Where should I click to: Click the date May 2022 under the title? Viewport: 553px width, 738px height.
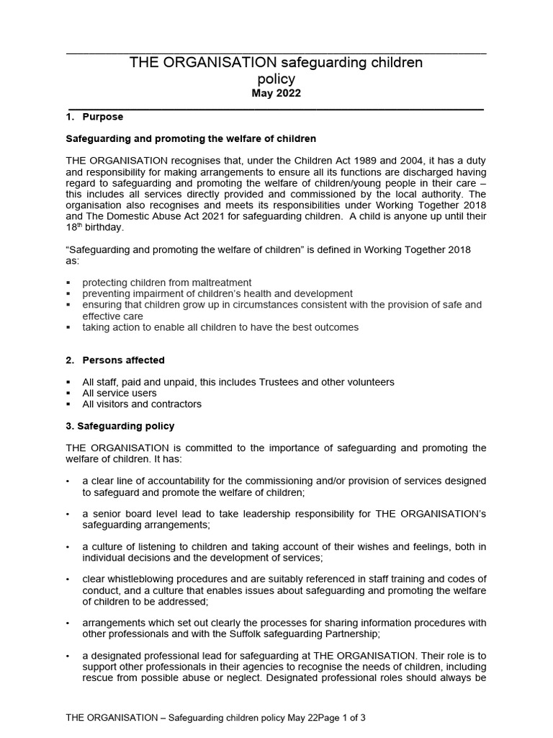(276, 93)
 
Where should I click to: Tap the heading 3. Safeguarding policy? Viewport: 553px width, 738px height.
(120, 426)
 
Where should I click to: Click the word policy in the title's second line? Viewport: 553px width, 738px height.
(276, 79)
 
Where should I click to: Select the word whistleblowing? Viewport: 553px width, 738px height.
(139, 579)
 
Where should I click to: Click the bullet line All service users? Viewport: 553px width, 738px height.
(119, 393)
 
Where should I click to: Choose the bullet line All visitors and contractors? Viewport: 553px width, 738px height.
(142, 404)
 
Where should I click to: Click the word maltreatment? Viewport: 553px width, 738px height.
(223, 283)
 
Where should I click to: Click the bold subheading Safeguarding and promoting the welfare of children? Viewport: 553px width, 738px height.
(191, 138)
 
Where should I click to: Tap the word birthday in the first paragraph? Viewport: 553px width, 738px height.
(104, 228)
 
